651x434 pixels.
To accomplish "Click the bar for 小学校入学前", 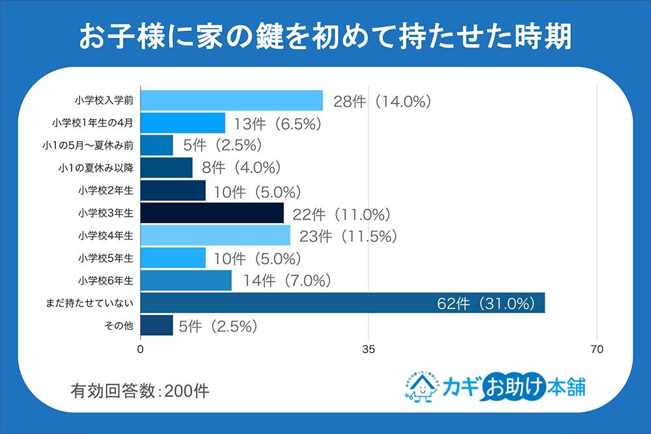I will point(232,100).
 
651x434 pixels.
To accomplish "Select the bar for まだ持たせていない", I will point(342,303).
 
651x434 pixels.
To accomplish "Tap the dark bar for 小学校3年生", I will point(212,213).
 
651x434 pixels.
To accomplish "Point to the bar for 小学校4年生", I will point(215,236).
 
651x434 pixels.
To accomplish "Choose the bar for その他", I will point(157,325).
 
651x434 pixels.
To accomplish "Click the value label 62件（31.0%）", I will point(486,303).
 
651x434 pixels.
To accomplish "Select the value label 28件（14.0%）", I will point(383,101).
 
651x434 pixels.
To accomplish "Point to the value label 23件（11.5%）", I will point(348,236).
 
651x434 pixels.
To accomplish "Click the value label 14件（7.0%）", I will point(287,281).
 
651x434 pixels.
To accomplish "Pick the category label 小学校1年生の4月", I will point(93,123).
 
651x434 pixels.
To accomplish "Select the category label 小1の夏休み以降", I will point(95,168).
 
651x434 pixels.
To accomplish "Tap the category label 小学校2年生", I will point(106,191).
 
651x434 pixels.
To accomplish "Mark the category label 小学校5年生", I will point(106,258).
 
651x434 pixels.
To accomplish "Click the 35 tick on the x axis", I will point(369,349).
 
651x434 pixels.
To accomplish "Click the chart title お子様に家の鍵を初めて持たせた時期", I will point(325,37).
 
